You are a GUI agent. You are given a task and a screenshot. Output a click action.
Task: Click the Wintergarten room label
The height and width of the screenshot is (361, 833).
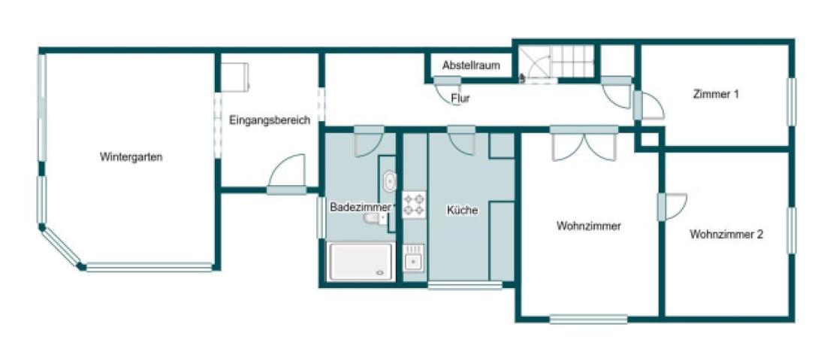[x=131, y=157]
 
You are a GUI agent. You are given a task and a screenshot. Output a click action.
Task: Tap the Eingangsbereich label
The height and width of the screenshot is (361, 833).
[x=270, y=120]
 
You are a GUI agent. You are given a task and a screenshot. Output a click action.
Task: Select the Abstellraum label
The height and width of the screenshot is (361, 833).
[x=471, y=65]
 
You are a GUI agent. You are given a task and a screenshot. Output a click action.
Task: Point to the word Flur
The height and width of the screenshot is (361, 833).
[x=460, y=98]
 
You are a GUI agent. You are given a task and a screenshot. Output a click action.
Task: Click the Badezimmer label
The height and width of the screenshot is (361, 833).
[x=360, y=207]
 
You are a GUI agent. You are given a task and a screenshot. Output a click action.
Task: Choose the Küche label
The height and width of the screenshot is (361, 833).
[x=462, y=211]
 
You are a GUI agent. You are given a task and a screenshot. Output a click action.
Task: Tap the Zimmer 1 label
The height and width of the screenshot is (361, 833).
[x=716, y=95]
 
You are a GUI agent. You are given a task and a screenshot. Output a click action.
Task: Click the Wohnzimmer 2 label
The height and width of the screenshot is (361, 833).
[x=726, y=234]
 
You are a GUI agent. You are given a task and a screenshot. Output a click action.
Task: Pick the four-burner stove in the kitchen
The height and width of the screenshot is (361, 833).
[x=414, y=205]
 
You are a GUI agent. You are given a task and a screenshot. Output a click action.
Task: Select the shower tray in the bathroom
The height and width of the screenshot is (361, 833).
[x=361, y=262]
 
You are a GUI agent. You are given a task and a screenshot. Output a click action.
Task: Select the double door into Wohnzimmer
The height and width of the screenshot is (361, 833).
[x=584, y=144]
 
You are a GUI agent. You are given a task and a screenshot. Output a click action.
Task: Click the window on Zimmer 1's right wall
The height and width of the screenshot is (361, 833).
[x=791, y=102]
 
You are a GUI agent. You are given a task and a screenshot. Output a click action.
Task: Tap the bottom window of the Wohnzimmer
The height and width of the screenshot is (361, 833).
[x=588, y=319]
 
